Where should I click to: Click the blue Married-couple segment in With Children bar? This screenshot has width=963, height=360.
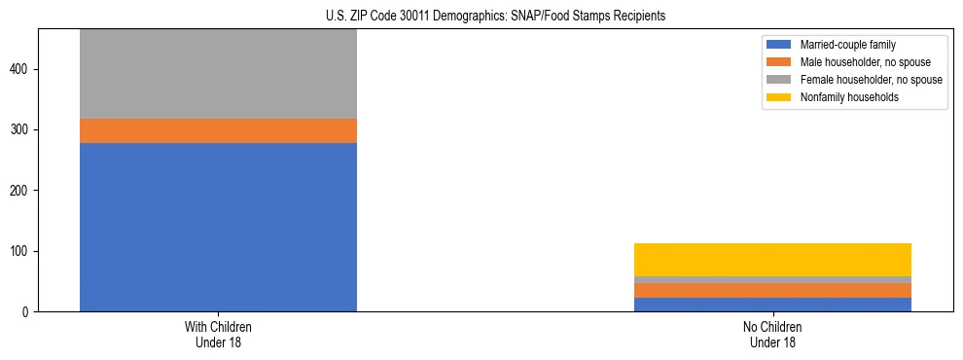coord(218,227)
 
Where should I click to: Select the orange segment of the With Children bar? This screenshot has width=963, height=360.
coord(218,130)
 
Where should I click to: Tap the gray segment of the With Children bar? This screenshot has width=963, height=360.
coord(218,74)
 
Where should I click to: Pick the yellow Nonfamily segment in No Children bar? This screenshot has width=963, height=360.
coord(772,260)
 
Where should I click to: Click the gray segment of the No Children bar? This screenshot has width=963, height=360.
coord(772,280)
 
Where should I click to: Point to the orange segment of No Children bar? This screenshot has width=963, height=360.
coord(772,291)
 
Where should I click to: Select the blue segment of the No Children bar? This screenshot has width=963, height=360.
coord(772,305)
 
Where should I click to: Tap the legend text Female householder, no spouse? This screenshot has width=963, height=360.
coord(871,80)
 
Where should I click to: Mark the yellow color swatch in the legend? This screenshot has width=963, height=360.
coord(779,97)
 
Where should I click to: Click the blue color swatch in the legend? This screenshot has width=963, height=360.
coord(779,45)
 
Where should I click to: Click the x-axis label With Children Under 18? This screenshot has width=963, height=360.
coord(218,334)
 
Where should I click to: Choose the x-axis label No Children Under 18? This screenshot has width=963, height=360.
coord(772,334)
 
